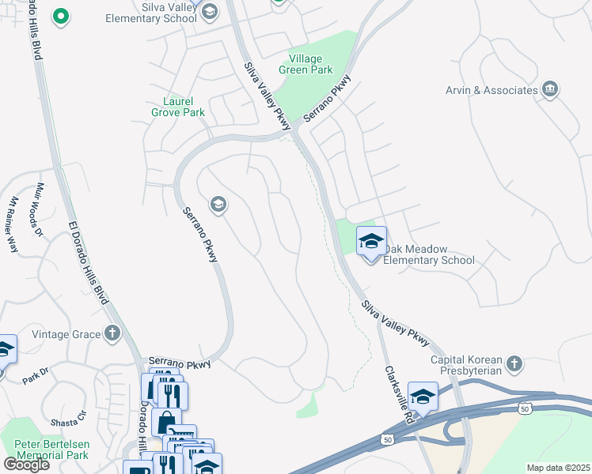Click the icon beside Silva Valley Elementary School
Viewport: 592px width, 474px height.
[x=209, y=11]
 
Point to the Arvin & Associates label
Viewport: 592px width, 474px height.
[x=491, y=90]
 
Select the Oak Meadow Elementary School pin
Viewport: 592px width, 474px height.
[x=370, y=243]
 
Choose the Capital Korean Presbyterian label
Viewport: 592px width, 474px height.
[x=466, y=366]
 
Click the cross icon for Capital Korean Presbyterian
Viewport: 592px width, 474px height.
[x=514, y=363]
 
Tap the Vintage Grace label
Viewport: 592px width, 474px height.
[x=66, y=334]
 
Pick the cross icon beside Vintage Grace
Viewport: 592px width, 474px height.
[x=112, y=333]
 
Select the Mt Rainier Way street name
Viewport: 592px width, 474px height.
[x=9, y=224]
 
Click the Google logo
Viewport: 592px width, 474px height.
[x=26, y=465]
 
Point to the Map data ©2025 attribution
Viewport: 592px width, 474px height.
[x=558, y=468]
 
